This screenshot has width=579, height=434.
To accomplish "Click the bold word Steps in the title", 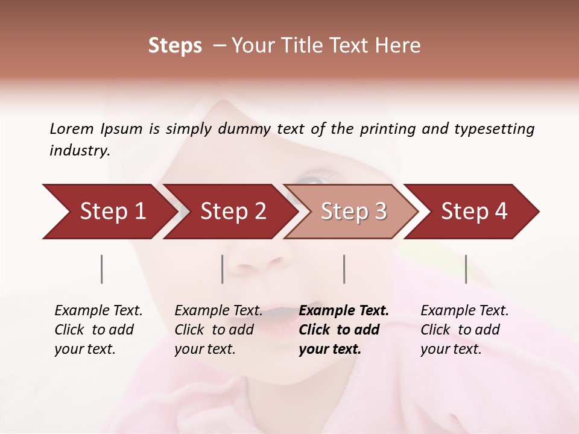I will tap(175, 46).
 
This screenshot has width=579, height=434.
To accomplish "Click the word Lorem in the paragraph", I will tap(72, 128).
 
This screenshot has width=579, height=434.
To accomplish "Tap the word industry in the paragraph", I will tap(79, 151).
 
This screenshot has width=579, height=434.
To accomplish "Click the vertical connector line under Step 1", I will tap(102, 269).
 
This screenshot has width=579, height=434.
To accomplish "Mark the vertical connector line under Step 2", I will tap(223, 269).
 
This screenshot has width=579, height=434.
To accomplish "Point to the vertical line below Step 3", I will tap(344, 269).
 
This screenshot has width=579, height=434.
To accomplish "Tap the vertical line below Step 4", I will tap(466, 269).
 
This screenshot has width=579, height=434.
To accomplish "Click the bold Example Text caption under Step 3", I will tap(344, 330).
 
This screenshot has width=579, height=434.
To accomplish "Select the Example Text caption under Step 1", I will tap(99, 330).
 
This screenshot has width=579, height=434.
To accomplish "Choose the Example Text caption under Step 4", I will tap(464, 330).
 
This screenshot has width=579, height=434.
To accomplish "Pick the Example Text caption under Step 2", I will tap(218, 330).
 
